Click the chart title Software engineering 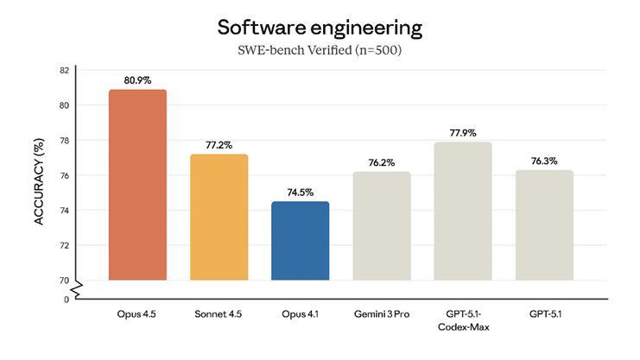(320, 27)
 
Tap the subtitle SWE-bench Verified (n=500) (320, 50)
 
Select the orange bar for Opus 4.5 (137, 185)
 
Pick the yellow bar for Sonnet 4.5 (219, 217)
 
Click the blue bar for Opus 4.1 (300, 241)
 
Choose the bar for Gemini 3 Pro (381, 225)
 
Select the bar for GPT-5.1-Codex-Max (462, 211)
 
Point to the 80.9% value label (137, 80)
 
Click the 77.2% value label (219, 145)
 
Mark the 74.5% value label (300, 193)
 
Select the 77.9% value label (462, 133)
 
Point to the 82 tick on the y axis (64, 70)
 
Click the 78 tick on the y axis (64, 140)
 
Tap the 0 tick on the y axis (66, 299)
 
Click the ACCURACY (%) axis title (39, 186)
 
